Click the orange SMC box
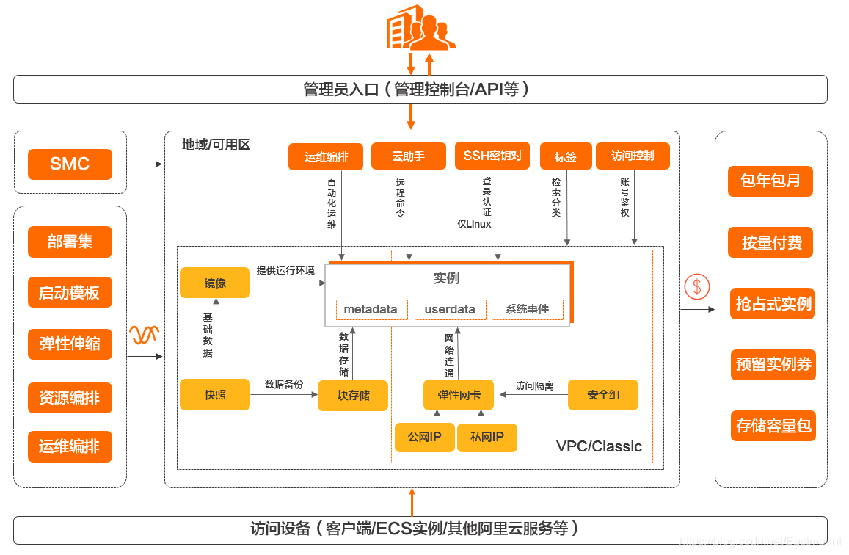tap(70, 164)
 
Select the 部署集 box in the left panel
tap(70, 242)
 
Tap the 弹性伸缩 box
tap(70, 344)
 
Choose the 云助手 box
tap(408, 156)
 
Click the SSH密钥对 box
tap(492, 156)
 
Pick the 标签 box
tap(565, 157)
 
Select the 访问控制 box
tap(633, 156)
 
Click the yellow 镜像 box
tap(215, 283)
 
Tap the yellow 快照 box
tap(215, 395)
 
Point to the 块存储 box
tap(353, 396)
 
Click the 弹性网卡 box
tap(459, 395)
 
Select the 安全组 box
tap(603, 395)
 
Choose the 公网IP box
tap(424, 438)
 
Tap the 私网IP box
tap(487, 438)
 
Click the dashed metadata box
tap(370, 310)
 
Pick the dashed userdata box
tap(450, 310)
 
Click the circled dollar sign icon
tap(696, 286)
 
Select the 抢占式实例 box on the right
tap(773, 304)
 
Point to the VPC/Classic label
tap(599, 446)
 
